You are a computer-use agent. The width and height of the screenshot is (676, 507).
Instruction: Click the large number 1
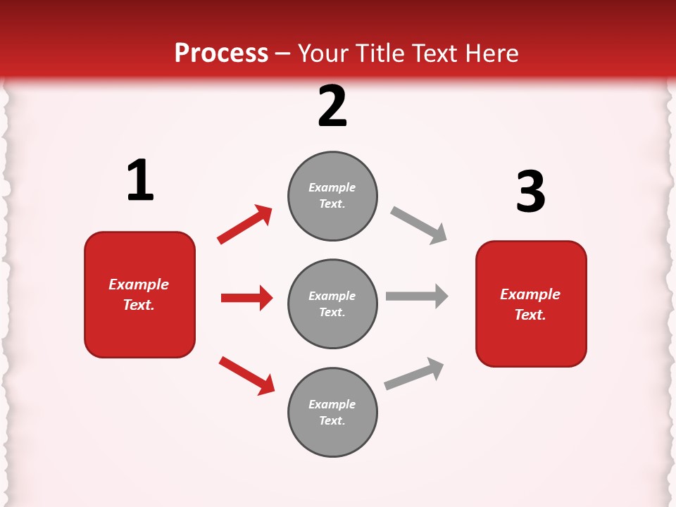[x=140, y=181]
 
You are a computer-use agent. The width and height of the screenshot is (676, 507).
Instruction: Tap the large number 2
[x=332, y=106]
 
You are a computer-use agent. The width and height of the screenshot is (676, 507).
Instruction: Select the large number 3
[x=530, y=192]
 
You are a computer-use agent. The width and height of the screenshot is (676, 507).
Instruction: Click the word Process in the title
[x=221, y=54]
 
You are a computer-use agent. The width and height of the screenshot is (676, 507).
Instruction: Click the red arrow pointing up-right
[x=245, y=225]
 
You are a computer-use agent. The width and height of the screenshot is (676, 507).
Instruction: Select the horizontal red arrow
[x=246, y=298]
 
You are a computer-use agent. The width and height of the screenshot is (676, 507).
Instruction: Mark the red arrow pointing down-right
[x=247, y=375]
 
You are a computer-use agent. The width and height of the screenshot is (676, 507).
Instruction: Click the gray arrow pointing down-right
[x=418, y=225]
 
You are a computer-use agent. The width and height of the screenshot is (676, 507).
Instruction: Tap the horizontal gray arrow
[x=417, y=296]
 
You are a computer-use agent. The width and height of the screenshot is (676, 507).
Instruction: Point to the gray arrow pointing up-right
[x=415, y=373]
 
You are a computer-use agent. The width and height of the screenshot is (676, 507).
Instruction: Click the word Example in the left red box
[x=139, y=284]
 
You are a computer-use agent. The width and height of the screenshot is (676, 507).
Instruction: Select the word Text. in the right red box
[x=530, y=315]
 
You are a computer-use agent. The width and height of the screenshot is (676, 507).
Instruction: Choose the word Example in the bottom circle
[x=332, y=404]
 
